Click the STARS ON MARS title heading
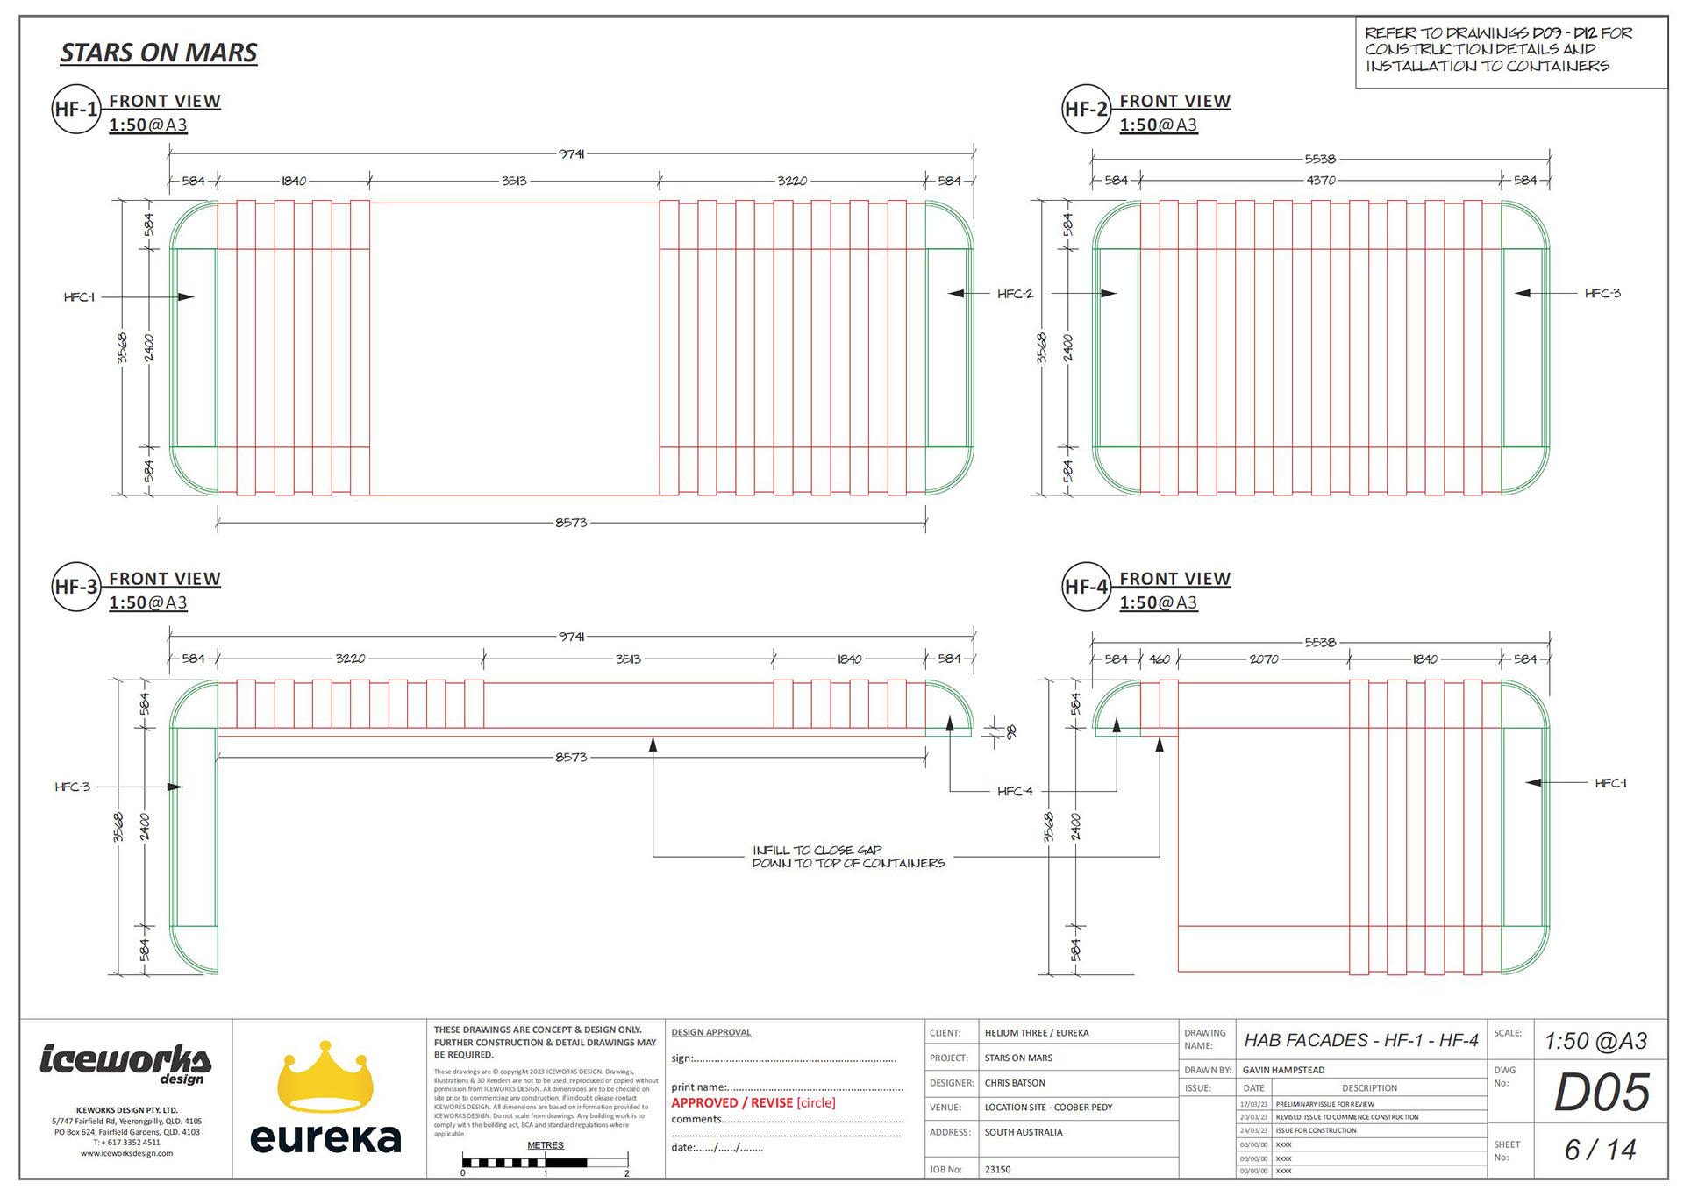(159, 53)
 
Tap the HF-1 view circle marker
(76, 109)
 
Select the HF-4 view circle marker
(1086, 587)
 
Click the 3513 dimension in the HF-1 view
(514, 181)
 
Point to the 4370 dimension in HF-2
(1321, 181)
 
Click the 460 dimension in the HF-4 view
(1160, 659)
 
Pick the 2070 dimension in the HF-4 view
(1264, 659)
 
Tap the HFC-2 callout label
(1015, 294)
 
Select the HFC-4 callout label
(1015, 791)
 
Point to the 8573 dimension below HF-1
(571, 523)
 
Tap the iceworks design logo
(125, 1063)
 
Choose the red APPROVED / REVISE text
(753, 1102)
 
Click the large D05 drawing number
(1602, 1093)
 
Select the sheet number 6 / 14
(1601, 1150)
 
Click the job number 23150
(998, 1169)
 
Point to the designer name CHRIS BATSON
(1015, 1083)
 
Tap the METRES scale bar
(545, 1163)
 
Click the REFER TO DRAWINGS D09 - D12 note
(1498, 49)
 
